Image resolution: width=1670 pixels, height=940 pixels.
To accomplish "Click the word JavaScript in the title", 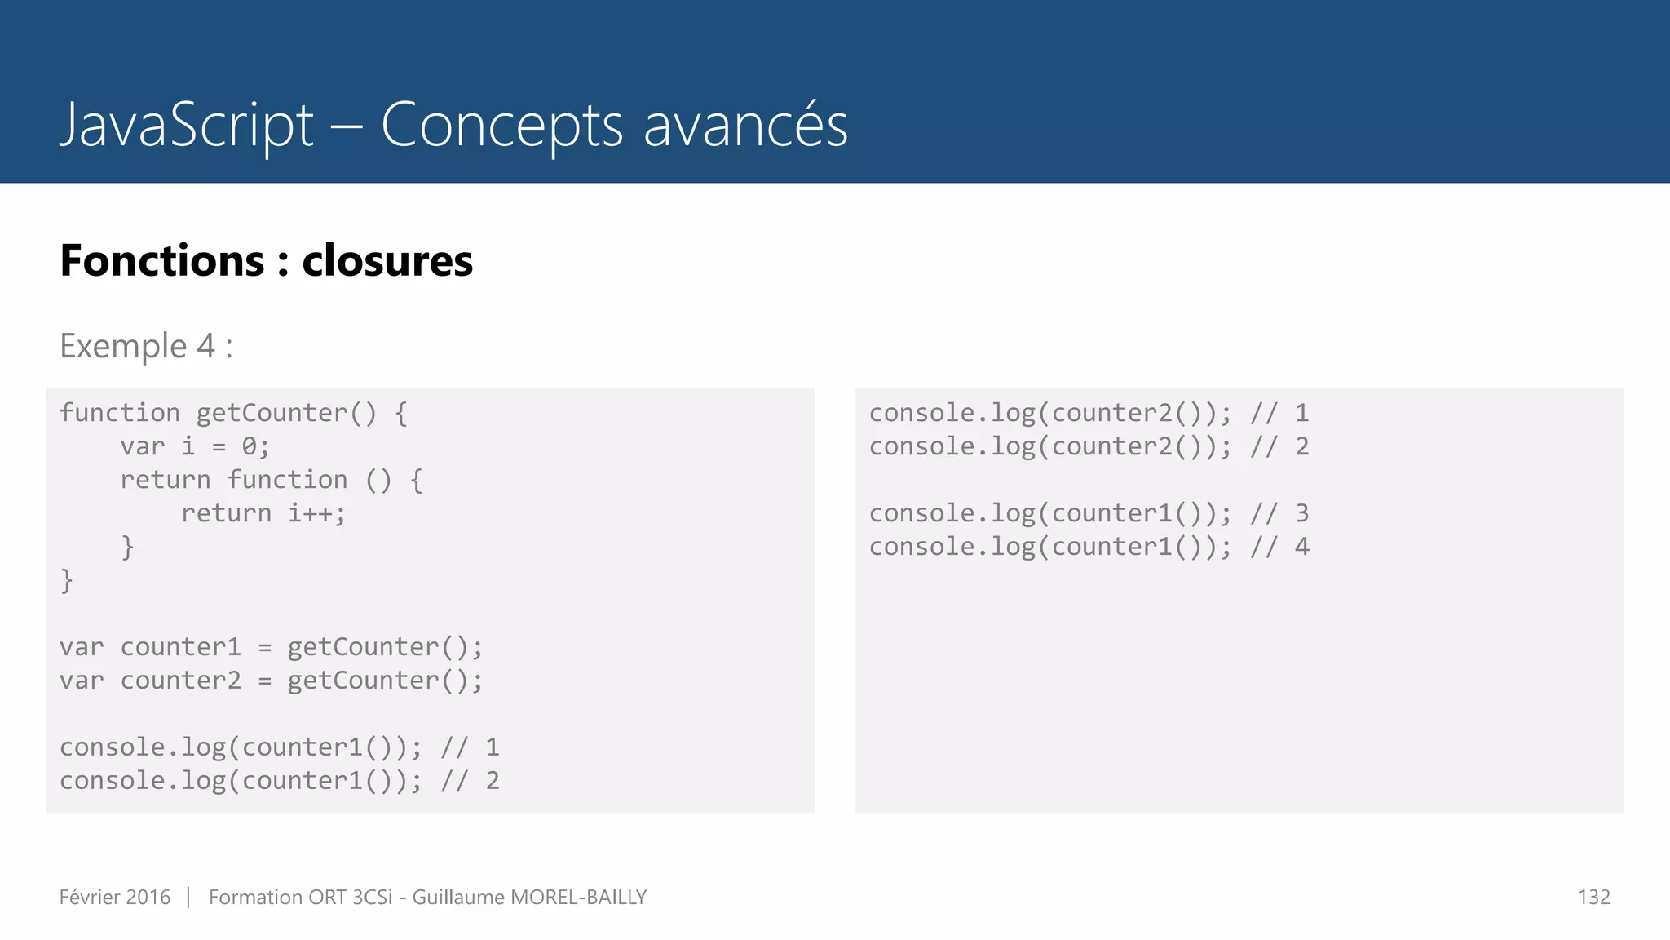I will coord(187,125).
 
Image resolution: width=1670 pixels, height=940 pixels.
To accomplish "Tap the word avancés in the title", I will coord(745,125).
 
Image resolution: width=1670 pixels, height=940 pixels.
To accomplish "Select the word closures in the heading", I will coord(387,261).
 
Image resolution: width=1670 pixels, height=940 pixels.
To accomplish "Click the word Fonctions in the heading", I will coord(162,261).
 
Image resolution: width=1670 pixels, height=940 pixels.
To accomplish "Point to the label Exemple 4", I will coord(138,346).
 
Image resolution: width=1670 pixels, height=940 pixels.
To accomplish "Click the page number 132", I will coord(1593,898).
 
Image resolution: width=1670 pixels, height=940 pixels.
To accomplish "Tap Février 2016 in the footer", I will coord(115,898).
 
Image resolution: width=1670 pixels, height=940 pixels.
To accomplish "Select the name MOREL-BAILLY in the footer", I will coord(578,898).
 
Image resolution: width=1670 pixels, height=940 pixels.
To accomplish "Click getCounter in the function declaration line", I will coord(272,414).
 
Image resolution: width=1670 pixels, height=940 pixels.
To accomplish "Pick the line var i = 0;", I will coord(194,446).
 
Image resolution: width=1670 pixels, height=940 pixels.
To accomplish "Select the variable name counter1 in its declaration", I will coord(180,647).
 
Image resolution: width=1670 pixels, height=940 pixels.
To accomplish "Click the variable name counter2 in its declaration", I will coord(180,681).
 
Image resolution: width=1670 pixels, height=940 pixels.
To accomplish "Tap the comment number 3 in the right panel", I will coord(1301,513).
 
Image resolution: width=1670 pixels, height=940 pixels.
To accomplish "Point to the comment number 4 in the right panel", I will coord(1301,547).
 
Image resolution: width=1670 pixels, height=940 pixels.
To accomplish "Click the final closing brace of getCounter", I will coord(67,581).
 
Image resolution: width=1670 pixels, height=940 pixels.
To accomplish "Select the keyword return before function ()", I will coord(165,480).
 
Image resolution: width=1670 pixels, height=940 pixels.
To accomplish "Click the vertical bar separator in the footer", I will coord(188,898).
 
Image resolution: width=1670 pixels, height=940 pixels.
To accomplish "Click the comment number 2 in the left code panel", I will coord(492,781).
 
